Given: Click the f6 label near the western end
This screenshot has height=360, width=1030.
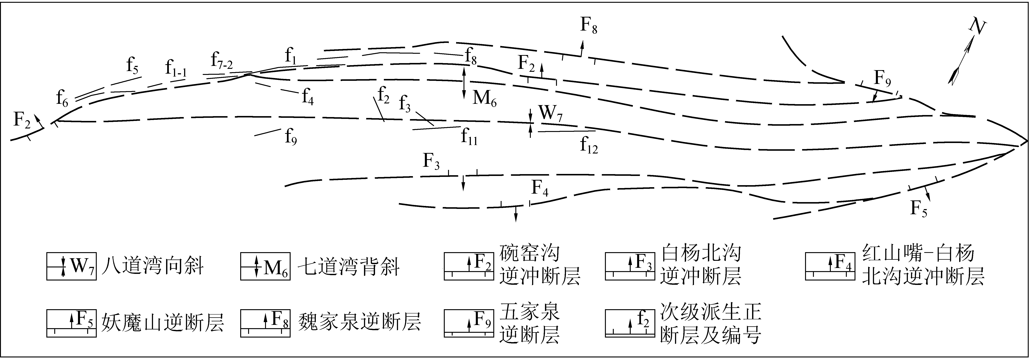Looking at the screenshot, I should pyautogui.click(x=62, y=98).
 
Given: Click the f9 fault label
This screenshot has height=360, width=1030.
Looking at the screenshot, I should pyautogui.click(x=291, y=137).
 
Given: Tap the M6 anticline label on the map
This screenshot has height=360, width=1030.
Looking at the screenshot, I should pyautogui.click(x=484, y=98).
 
